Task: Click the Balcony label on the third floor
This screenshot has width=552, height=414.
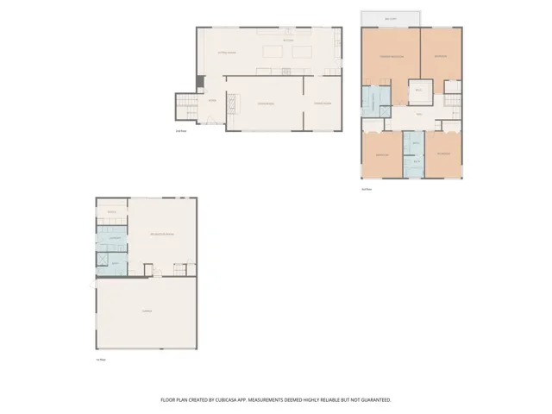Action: [x=391, y=20]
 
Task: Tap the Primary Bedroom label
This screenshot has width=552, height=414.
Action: [x=392, y=56]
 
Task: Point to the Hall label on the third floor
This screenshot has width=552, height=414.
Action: [x=420, y=115]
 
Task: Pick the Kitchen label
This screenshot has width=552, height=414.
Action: [x=289, y=40]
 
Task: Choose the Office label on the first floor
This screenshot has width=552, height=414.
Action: [x=111, y=211]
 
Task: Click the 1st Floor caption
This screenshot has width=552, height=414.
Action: [x=99, y=360]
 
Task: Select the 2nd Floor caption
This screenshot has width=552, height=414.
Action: [x=181, y=131]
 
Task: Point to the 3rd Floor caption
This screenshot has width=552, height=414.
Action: [x=366, y=189]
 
